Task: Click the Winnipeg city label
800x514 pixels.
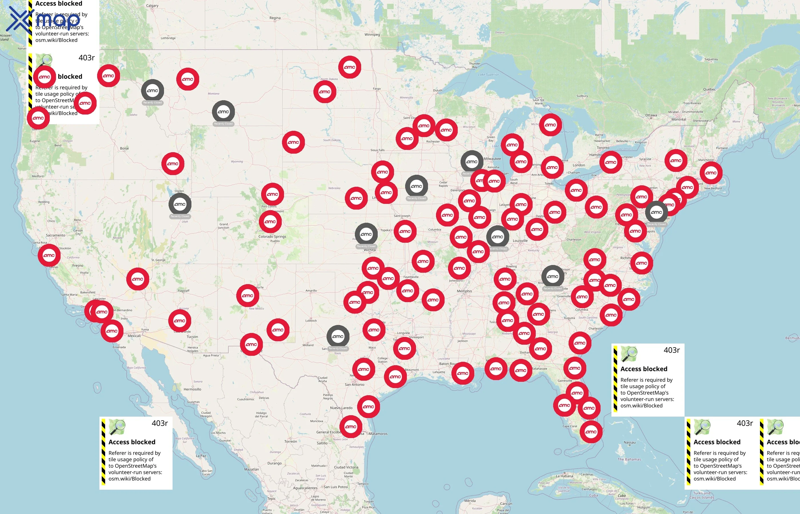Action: pos(372,34)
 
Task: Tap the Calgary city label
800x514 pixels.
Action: pos(152,6)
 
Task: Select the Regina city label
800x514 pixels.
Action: pos(275,18)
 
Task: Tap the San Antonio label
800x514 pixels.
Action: pos(354,384)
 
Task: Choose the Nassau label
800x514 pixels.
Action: pos(629,443)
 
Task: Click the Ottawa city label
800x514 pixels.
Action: pos(651,115)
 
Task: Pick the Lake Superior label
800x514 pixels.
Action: pos(488,75)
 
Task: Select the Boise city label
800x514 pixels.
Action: pos(124,148)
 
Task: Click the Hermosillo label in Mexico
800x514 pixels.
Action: pos(192,389)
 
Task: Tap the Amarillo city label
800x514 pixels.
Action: pos(311,291)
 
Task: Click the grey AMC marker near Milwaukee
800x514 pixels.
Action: pos(472,162)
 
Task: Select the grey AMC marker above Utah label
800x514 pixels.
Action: pos(180,204)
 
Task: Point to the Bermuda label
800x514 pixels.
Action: pos(792,338)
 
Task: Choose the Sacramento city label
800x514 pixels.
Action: pos(55,235)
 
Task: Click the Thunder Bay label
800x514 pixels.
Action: pos(475,65)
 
